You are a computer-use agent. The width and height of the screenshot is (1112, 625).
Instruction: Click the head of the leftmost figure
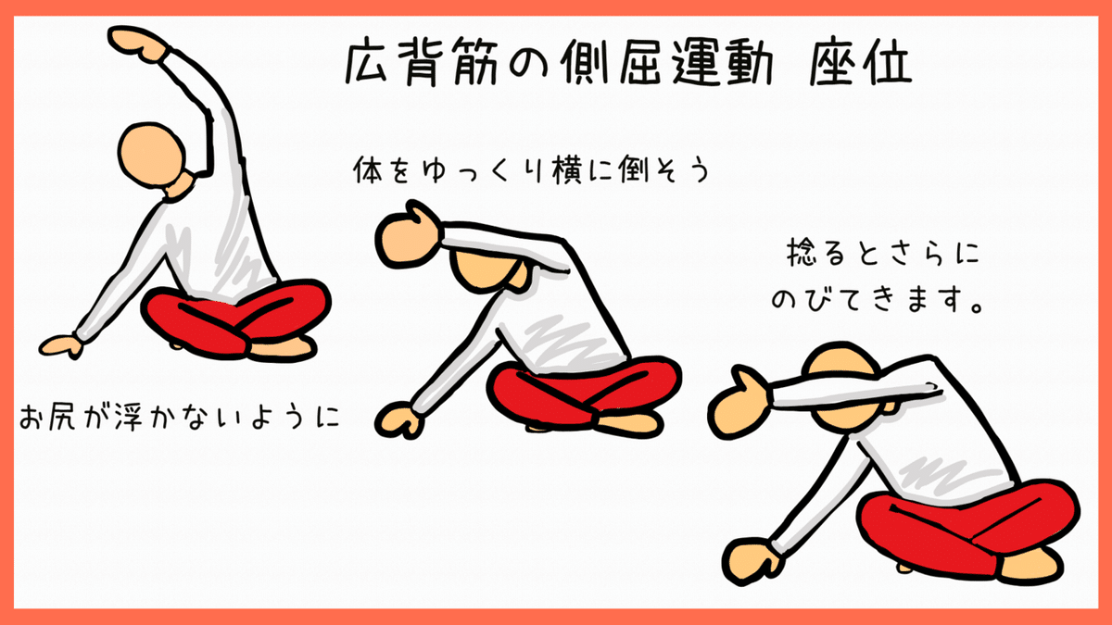pos(153,156)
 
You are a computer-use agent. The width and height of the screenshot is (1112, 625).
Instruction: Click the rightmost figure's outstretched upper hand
pos(741,394)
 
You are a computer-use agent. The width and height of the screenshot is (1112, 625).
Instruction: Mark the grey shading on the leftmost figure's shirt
pos(222,259)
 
